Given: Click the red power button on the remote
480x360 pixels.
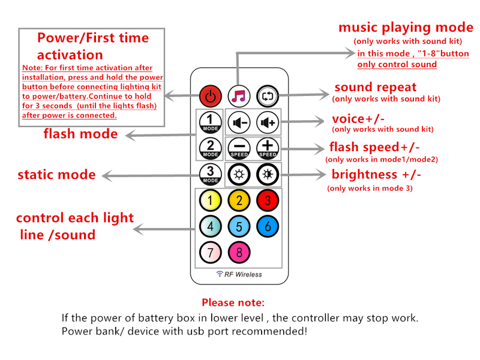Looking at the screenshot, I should [x=209, y=96].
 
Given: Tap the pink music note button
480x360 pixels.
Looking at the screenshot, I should [x=239, y=96].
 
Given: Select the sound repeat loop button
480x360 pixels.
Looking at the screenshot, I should [x=267, y=96].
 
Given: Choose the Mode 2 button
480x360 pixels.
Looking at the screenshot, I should [x=210, y=147].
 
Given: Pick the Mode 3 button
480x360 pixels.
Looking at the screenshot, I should [x=210, y=174].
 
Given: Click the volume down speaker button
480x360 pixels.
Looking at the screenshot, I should [x=239, y=122].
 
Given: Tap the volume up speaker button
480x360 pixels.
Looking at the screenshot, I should [x=267, y=122].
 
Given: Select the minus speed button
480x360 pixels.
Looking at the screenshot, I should [x=239, y=147].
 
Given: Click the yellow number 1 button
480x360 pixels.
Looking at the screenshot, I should [x=210, y=200].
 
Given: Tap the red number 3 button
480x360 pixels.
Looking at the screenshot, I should [x=268, y=200].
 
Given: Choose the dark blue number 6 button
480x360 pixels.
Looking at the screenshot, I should [x=268, y=226].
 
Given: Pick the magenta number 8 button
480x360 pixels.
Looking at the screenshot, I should [x=239, y=253].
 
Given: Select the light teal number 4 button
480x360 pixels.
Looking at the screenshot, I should [x=210, y=226].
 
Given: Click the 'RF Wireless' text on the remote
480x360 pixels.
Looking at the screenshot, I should [x=240, y=274].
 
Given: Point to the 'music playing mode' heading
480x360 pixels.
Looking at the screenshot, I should [x=406, y=27].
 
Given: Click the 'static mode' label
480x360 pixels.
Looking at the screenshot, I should [x=56, y=175].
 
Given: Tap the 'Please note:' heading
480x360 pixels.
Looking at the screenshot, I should [x=233, y=303].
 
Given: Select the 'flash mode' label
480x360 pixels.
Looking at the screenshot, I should [x=80, y=134].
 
